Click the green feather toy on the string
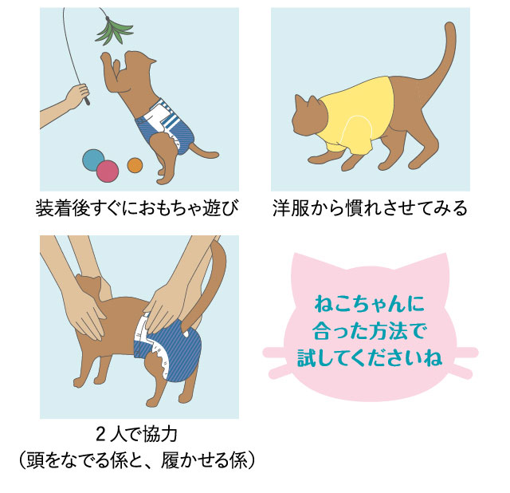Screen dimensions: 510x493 click(113, 31)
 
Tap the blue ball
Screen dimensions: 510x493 click(92, 160)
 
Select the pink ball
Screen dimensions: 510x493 click(108, 172)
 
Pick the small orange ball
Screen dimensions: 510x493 click(135, 165)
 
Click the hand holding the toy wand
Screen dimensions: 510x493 click(77, 95)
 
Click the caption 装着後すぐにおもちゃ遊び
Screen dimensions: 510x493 click(137, 208)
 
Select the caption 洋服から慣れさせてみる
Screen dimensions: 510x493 click(370, 208)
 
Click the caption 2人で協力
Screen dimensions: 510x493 click(137, 435)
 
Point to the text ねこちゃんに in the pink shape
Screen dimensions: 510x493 click(370, 305)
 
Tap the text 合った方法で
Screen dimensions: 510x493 click(370, 332)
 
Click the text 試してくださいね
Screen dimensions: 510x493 click(370, 357)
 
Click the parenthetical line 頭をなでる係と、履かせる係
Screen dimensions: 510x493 click(137, 459)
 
